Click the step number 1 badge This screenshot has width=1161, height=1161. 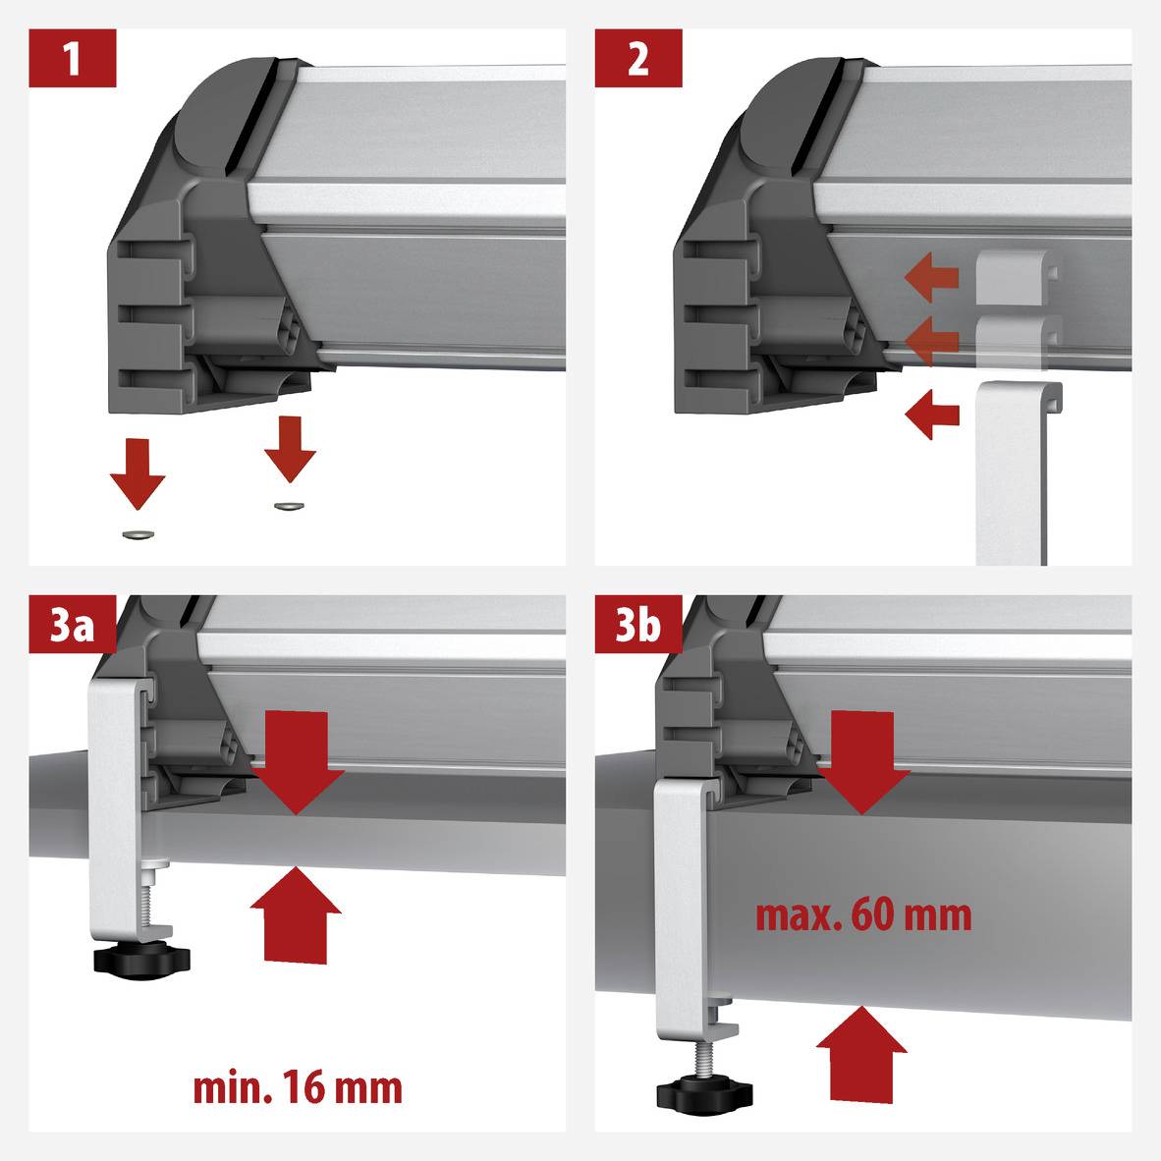click(72, 59)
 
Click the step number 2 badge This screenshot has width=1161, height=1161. click(638, 59)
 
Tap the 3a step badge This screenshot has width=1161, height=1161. click(72, 625)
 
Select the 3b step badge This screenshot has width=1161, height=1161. click(638, 625)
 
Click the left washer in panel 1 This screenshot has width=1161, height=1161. click(137, 534)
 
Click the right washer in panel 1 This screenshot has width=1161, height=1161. click(289, 506)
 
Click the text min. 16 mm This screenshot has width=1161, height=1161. click(297, 1088)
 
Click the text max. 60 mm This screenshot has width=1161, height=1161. click(863, 915)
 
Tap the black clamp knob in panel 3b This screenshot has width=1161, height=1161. click(702, 1093)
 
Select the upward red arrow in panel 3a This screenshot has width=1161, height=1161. click(296, 913)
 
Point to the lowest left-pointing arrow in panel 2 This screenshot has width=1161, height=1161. click(931, 415)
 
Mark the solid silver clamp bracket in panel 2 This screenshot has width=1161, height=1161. click(1012, 471)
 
